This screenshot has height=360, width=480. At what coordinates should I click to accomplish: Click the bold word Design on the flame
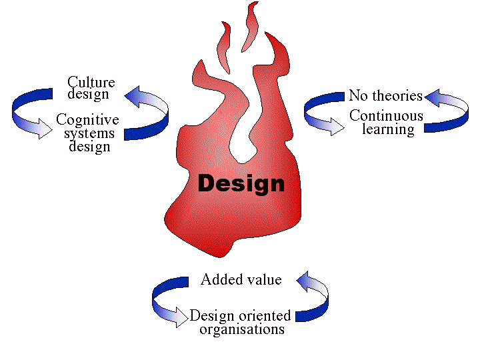click(x=241, y=183)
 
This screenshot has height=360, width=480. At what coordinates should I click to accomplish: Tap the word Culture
click(x=91, y=83)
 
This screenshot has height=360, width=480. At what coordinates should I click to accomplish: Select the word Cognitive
click(x=87, y=120)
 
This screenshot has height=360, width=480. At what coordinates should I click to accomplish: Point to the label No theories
click(x=385, y=95)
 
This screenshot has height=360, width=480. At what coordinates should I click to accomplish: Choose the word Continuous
click(x=386, y=115)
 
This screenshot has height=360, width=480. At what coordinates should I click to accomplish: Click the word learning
click(x=388, y=129)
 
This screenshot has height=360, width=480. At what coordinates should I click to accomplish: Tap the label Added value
click(x=241, y=279)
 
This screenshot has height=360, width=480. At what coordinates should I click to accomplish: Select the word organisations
click(x=242, y=329)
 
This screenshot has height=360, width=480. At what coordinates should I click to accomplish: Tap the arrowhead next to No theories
click(x=433, y=99)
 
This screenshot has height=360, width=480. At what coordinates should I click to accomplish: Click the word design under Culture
click(x=88, y=94)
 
